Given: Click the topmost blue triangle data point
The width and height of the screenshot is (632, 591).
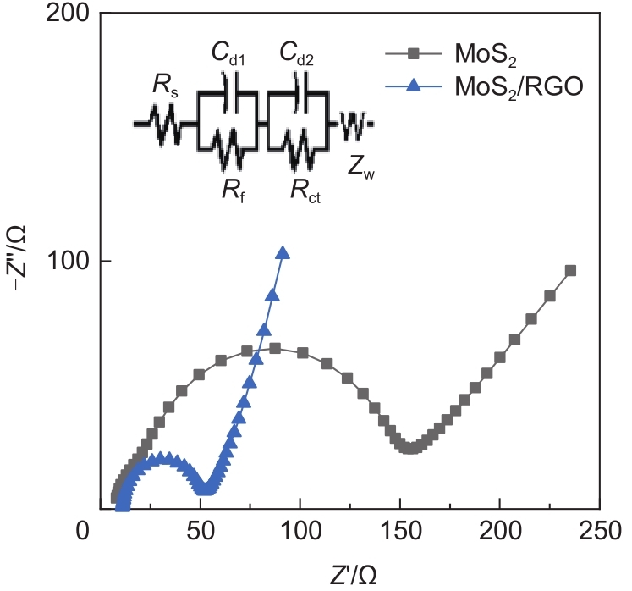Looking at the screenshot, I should pos(283,253).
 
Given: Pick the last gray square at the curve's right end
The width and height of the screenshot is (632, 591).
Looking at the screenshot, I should pos(570,271).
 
